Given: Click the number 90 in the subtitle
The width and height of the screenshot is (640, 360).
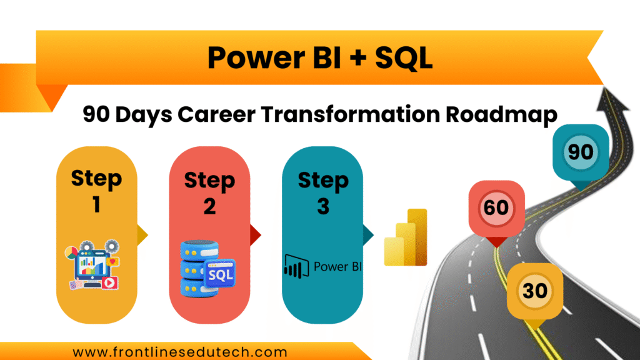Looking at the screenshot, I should pos(99,115).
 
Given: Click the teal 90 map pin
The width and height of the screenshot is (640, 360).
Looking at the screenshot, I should pos(581,153).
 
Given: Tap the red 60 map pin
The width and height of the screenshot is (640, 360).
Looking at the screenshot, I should pos(496,207).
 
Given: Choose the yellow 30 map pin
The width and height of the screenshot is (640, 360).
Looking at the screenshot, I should pos(535,291).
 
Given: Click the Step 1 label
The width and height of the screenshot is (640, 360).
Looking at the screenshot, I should pos(96,191).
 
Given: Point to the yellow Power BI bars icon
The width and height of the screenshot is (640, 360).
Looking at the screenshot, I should pos(406,238).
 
